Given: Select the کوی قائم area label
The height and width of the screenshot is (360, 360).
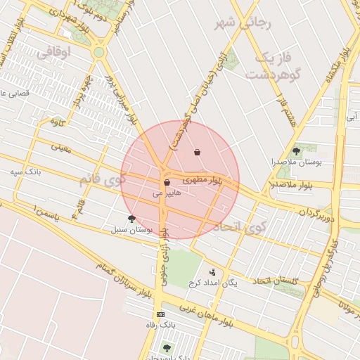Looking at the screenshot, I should (103, 180).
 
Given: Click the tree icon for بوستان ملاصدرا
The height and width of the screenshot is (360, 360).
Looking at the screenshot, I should (297, 150).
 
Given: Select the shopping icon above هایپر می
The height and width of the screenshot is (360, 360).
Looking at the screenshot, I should (167, 182).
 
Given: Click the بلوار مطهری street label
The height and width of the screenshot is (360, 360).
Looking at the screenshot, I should (199, 179).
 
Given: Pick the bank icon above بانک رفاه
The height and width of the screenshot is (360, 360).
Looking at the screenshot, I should (161, 314).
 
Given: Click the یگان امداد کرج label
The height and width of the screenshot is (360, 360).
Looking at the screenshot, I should (213, 283).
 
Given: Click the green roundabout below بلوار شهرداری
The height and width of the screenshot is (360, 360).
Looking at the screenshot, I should (98, 52).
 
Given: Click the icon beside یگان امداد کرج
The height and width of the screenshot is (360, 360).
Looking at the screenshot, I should (212, 272).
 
